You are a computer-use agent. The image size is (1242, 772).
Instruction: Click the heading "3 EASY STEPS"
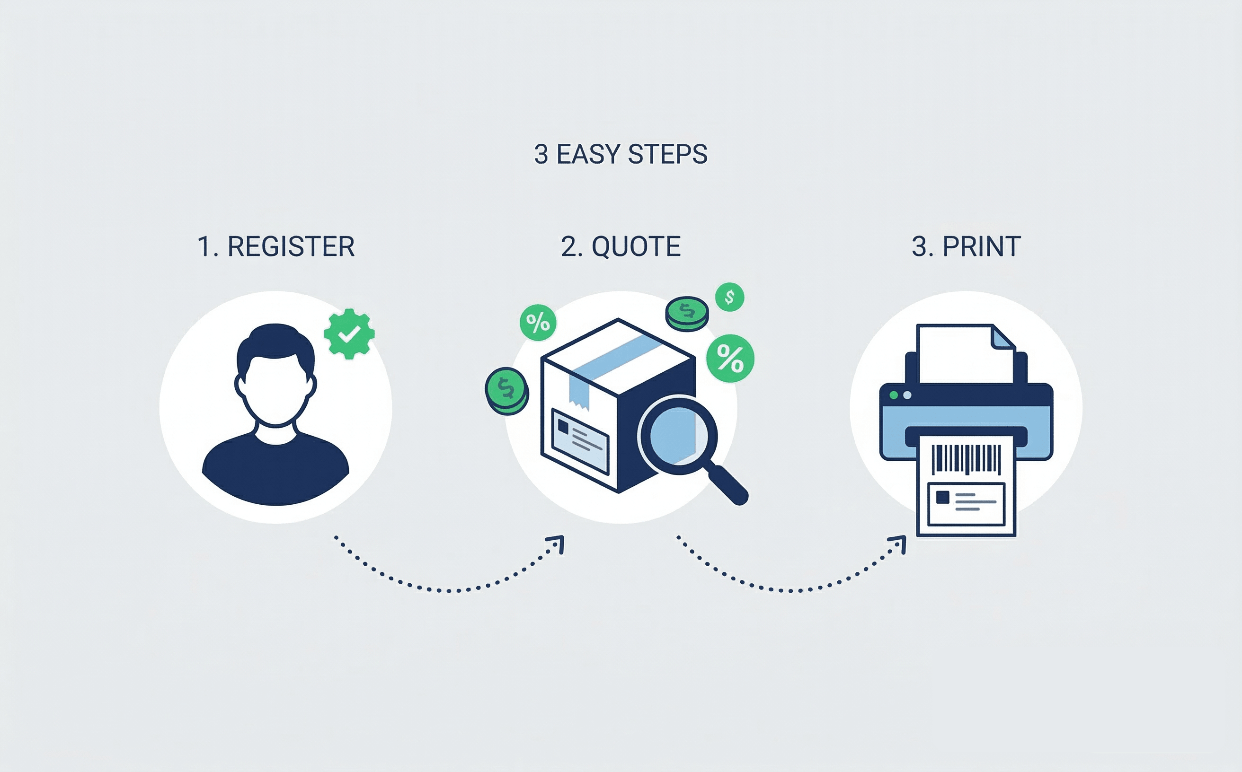pyautogui.click(x=621, y=154)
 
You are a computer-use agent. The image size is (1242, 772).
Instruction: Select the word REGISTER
pyautogui.click(x=291, y=246)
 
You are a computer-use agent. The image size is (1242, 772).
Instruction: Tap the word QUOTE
pyautogui.click(x=636, y=246)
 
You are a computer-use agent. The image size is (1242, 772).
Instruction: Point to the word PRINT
pyautogui.click(x=982, y=246)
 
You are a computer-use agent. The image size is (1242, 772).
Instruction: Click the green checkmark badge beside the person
pyautogui.click(x=349, y=334)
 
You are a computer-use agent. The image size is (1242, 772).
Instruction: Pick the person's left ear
pyautogui.click(x=239, y=386)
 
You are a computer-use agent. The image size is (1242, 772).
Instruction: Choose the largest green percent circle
pyautogui.click(x=730, y=359)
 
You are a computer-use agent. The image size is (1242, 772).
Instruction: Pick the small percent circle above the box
pyautogui.click(x=538, y=322)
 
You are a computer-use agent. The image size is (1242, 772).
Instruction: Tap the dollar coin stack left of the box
pyautogui.click(x=506, y=391)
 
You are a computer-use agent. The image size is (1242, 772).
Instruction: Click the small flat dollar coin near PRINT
pyautogui.click(x=729, y=297)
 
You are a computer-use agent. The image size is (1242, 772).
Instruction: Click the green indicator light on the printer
pyautogui.click(x=894, y=395)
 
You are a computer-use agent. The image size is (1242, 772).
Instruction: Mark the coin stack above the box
pyautogui.click(x=687, y=313)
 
